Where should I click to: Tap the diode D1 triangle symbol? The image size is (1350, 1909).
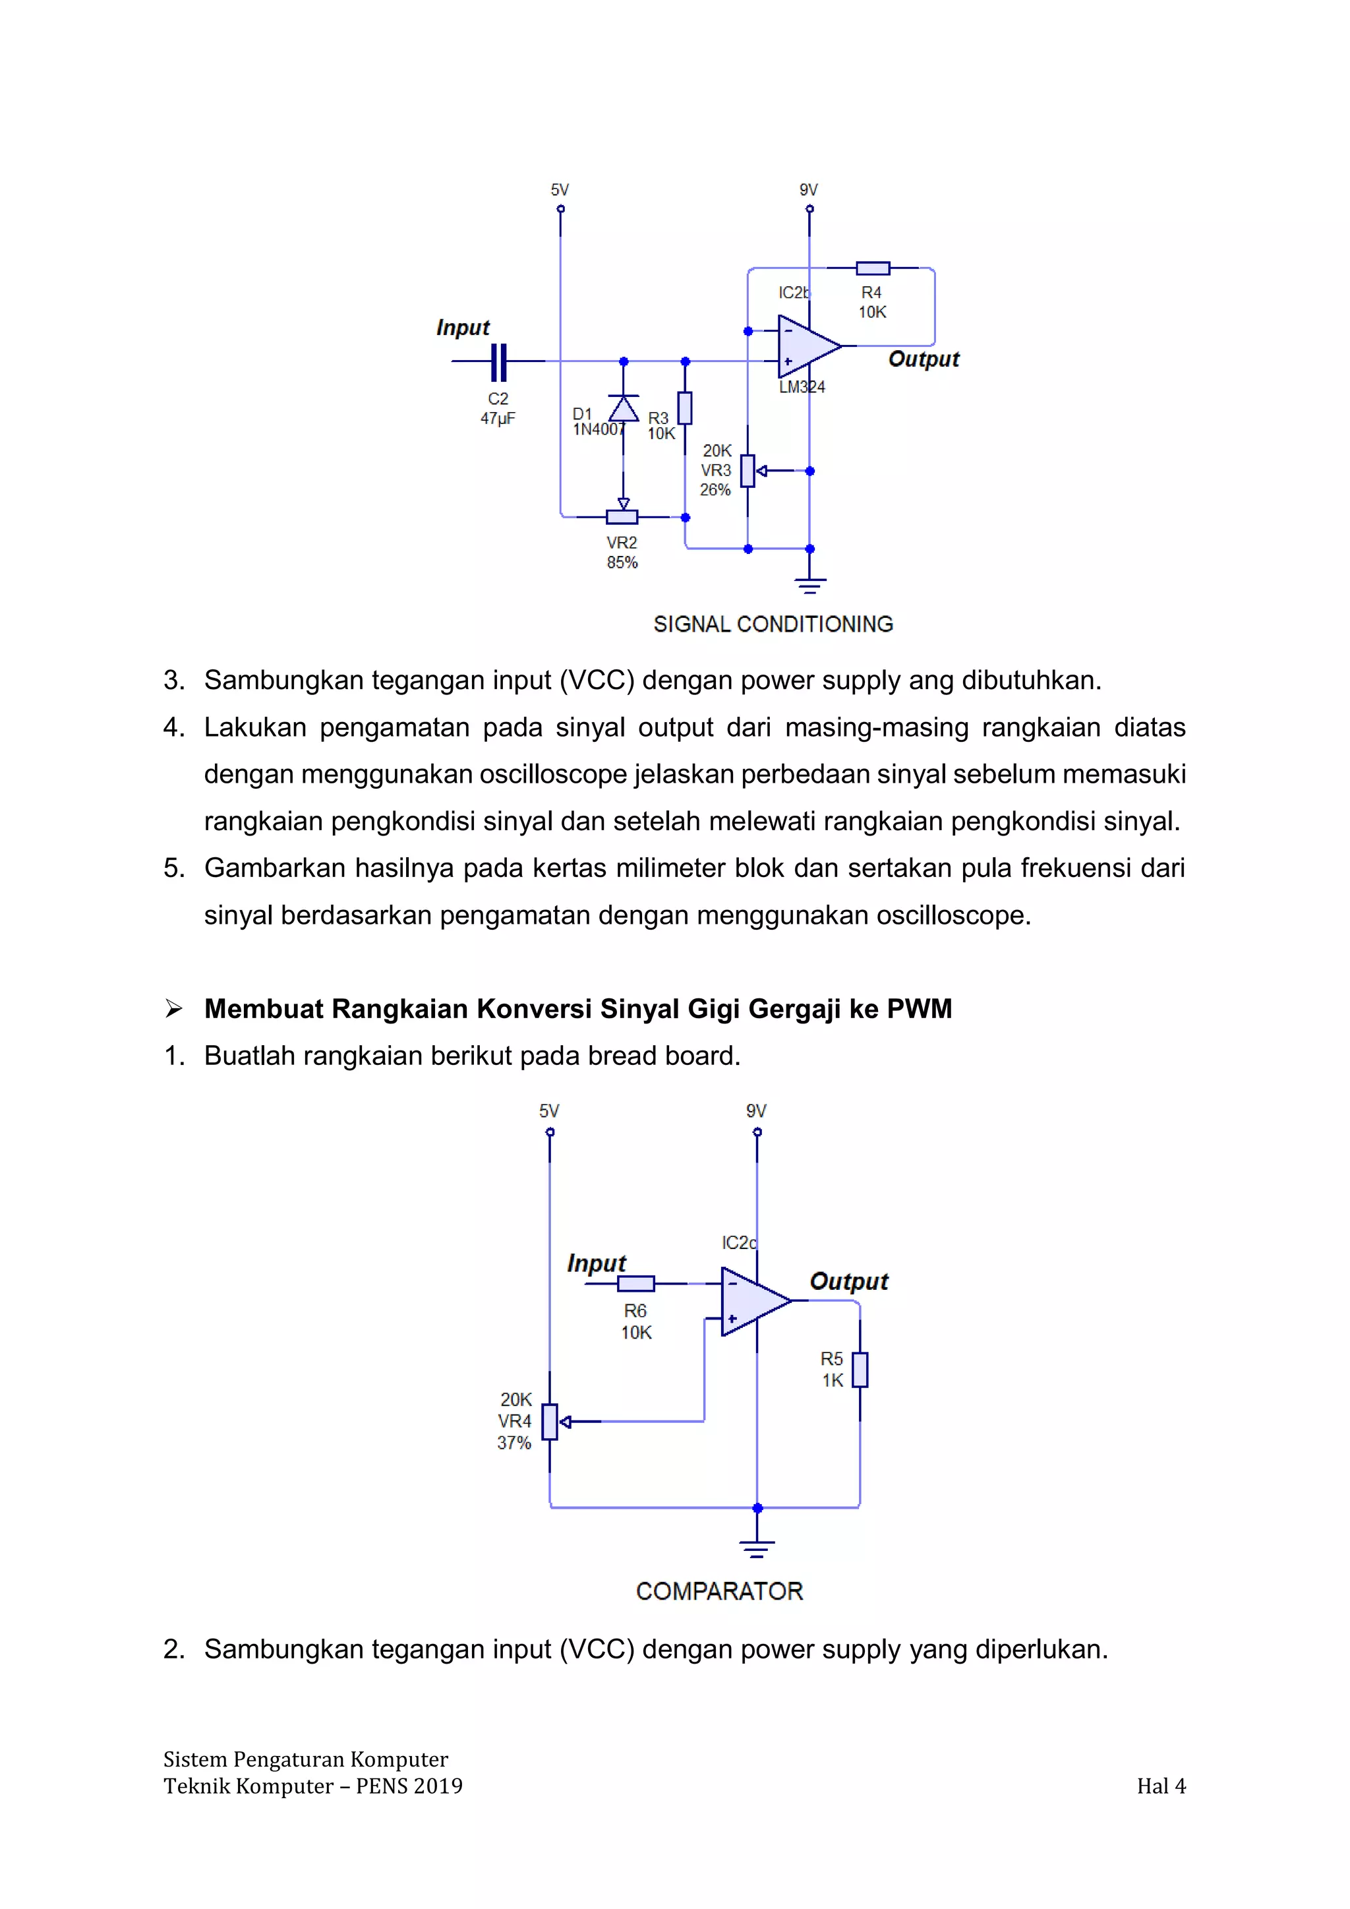click(624, 408)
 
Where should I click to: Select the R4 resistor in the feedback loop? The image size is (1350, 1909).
click(873, 268)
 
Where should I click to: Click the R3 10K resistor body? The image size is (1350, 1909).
click(685, 408)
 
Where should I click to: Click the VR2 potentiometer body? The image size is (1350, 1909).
click(622, 517)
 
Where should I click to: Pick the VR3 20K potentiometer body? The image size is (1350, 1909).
click(748, 471)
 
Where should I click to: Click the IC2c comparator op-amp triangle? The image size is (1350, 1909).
click(751, 1301)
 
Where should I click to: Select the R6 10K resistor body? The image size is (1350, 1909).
click(636, 1283)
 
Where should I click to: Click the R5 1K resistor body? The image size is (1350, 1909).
click(860, 1370)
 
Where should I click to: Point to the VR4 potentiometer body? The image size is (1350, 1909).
click(550, 1422)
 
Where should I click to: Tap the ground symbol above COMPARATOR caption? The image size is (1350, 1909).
click(757, 1548)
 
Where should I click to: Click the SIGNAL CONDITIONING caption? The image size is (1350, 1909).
click(773, 624)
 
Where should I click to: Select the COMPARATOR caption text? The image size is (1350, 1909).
click(719, 1591)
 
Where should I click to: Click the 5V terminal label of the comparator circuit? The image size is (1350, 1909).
click(550, 1111)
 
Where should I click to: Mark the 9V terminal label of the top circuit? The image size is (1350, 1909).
click(809, 189)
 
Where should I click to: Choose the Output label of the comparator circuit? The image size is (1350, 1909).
click(849, 1281)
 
